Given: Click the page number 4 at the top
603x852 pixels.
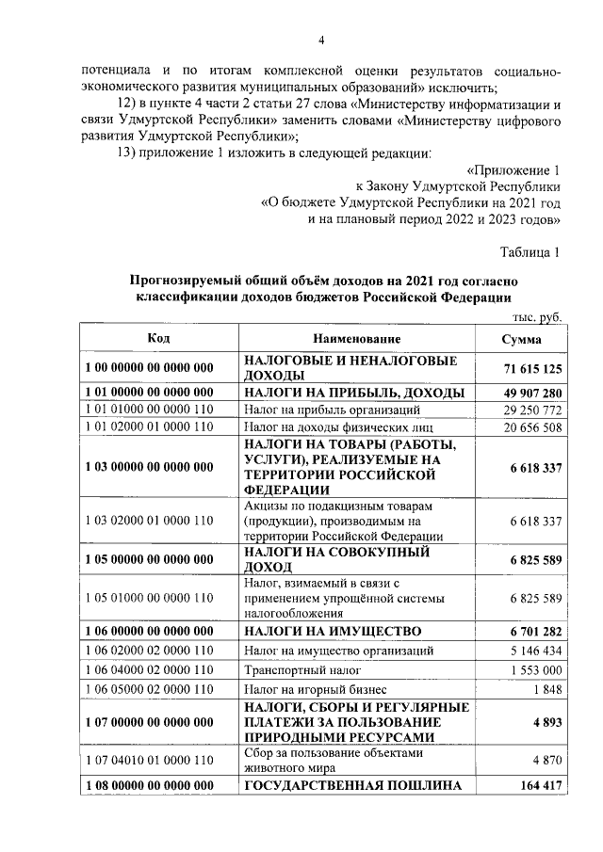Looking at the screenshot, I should (320, 40).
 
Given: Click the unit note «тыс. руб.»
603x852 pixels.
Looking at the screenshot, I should (536, 318).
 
